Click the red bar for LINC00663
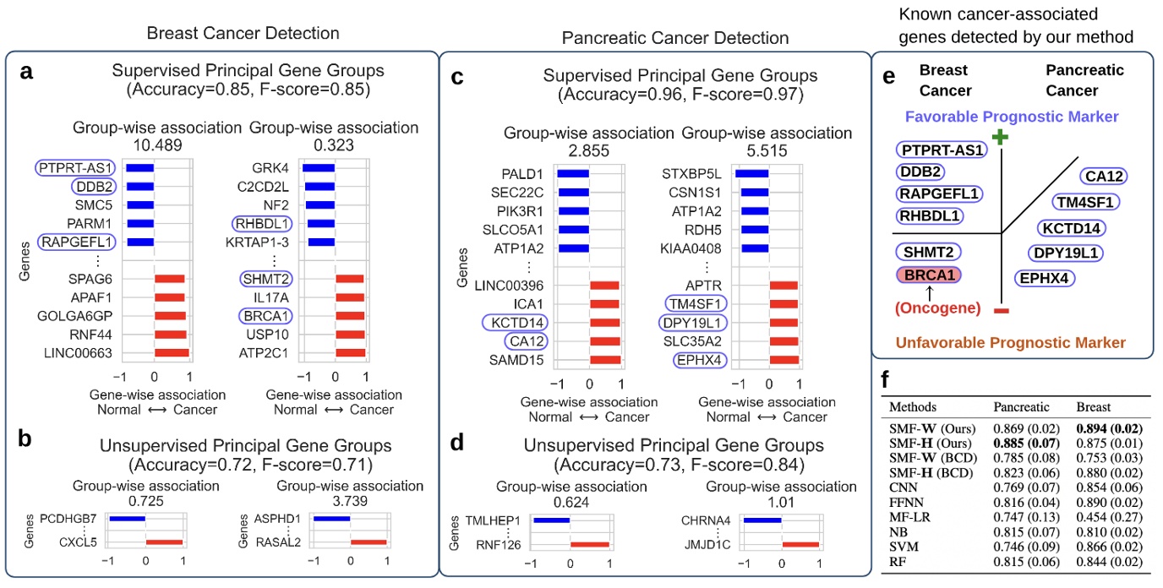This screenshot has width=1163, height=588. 172,351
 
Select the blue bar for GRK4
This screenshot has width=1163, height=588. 319,168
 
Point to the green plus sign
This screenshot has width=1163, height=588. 1001,137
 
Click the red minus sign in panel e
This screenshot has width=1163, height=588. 1001,312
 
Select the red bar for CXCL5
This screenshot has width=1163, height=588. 164,541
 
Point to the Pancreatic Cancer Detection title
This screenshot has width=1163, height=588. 675,39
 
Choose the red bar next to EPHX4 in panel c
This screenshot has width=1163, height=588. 784,361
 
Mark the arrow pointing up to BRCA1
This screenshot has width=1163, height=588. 929,291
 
